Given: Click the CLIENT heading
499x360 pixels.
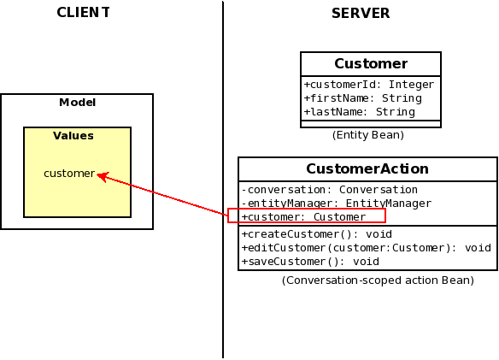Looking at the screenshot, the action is (x=84, y=13).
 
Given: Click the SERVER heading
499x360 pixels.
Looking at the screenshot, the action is (x=361, y=14).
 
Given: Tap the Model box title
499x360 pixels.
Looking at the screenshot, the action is (x=78, y=103).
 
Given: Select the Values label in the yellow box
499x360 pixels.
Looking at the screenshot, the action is (x=73, y=136).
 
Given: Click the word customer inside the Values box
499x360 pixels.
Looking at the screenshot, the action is (x=69, y=174).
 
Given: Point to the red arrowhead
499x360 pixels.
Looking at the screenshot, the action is (x=103, y=176).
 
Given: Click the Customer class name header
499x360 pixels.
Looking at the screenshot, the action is (x=371, y=64).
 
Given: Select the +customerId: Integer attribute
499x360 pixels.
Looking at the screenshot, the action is (x=369, y=85).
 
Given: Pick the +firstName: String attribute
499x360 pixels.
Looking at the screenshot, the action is (x=363, y=98).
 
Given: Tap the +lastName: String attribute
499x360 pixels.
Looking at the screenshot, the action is (x=360, y=112).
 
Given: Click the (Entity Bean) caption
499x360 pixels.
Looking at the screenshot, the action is (x=368, y=135).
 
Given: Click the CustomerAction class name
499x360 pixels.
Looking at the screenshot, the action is (x=367, y=168).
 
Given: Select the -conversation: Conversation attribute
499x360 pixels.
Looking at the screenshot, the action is (x=329, y=190).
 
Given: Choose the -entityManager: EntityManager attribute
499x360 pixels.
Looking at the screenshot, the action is (x=337, y=204).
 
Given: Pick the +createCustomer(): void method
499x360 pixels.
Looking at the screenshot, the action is (x=317, y=234).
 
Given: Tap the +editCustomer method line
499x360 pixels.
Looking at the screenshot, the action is (x=367, y=248).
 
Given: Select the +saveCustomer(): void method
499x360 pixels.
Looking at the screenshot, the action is (x=310, y=262).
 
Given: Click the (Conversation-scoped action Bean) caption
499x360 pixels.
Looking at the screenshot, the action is (x=378, y=280).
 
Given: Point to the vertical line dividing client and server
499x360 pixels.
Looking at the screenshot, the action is (x=223, y=180).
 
